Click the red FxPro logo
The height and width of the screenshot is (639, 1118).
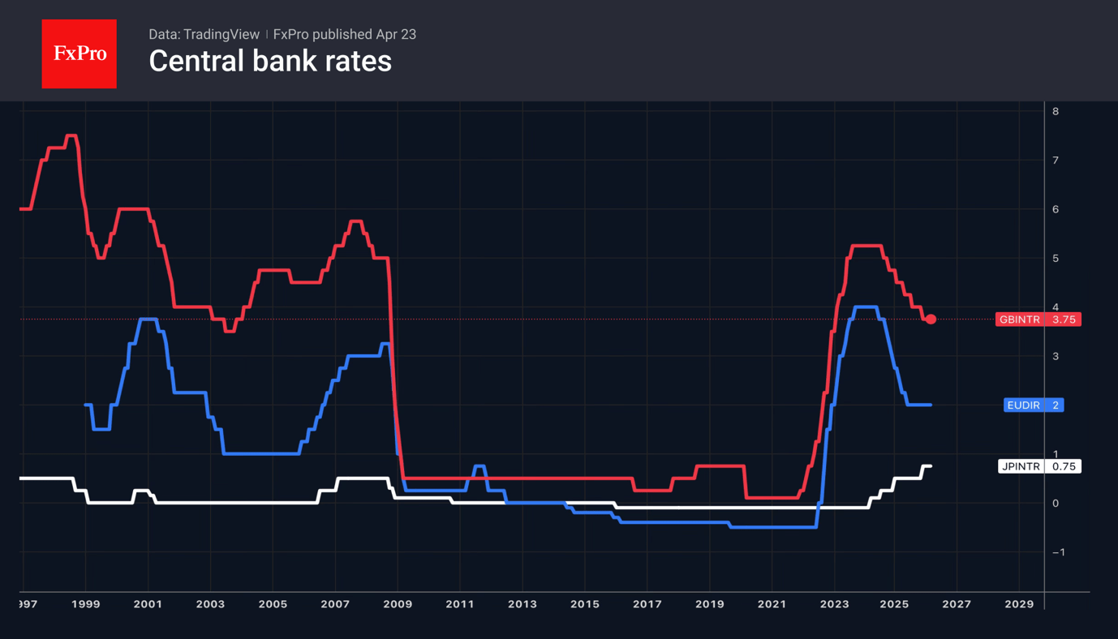click(x=79, y=54)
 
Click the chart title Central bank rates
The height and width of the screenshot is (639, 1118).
click(x=270, y=62)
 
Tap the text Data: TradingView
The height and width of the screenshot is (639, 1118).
click(x=204, y=34)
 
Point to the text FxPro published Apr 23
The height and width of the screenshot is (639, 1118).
click(x=344, y=34)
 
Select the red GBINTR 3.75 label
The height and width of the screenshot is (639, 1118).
click(x=1038, y=319)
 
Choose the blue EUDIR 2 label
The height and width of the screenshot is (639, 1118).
click(x=1033, y=405)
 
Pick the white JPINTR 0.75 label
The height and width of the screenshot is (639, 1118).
click(x=1038, y=466)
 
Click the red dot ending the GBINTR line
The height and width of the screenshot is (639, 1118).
click(x=931, y=319)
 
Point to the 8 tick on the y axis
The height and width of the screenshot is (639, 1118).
click(x=1056, y=111)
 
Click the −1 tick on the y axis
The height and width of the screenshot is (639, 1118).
click(x=1058, y=552)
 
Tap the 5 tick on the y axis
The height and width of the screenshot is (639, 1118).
click(x=1056, y=258)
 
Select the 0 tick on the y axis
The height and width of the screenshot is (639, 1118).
click(x=1056, y=503)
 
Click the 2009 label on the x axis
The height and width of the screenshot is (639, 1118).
click(x=398, y=604)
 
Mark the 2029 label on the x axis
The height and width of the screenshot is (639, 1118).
click(x=1019, y=604)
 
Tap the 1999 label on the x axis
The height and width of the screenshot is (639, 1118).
click(x=85, y=604)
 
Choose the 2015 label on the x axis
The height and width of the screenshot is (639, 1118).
click(x=584, y=604)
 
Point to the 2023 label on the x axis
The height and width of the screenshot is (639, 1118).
click(x=834, y=604)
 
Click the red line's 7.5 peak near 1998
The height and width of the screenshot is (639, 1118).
click(x=71, y=136)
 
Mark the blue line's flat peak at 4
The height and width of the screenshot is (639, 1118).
click(x=865, y=307)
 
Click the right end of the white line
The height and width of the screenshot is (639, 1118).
click(x=930, y=466)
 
